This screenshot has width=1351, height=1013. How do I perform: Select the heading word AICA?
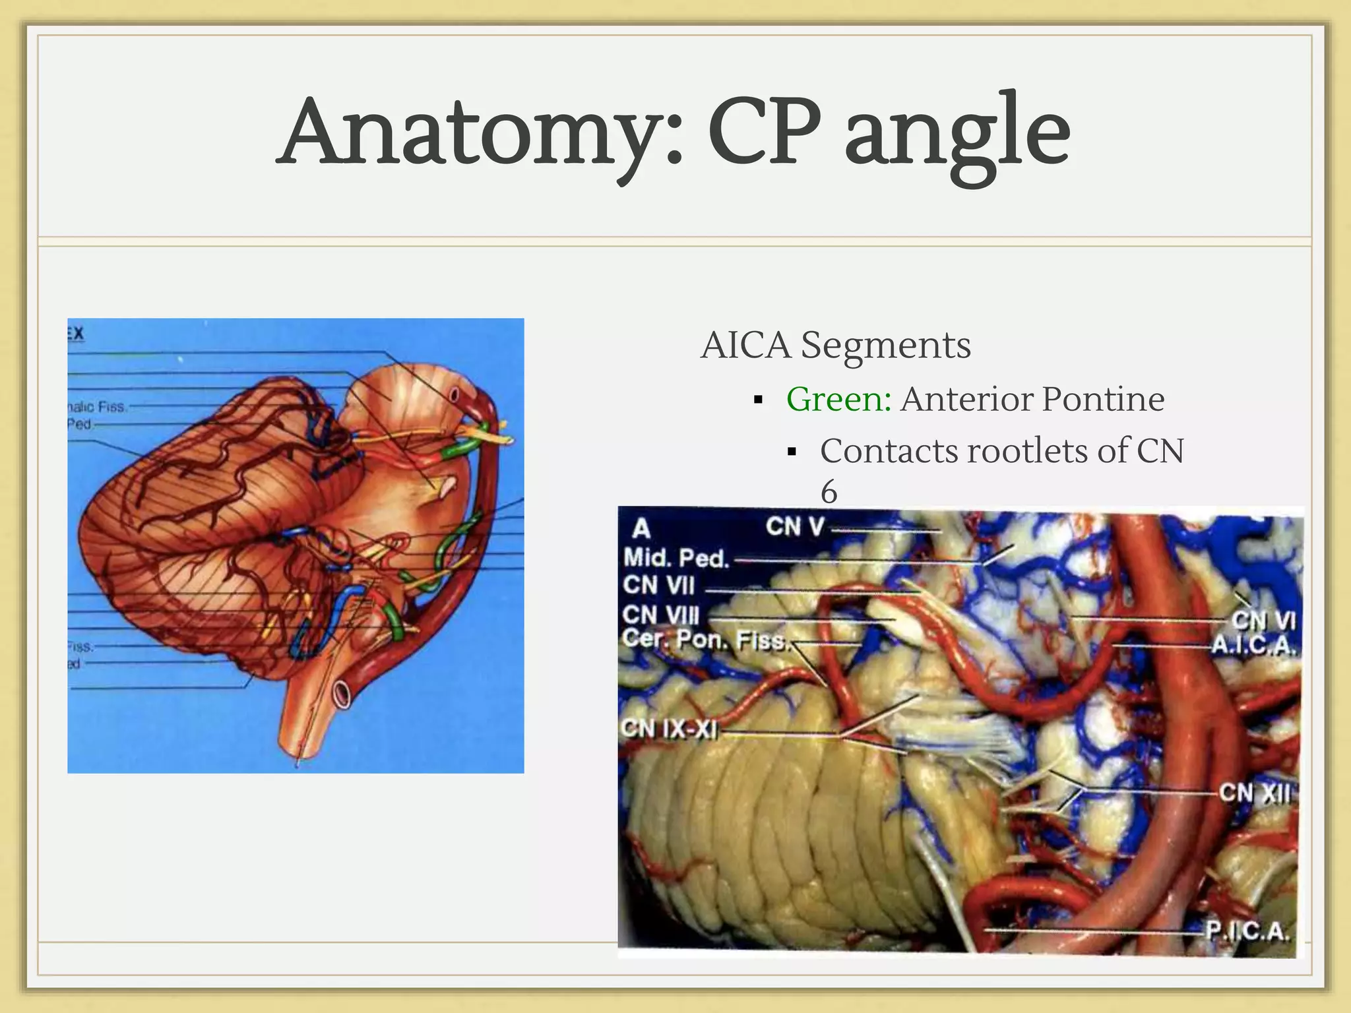tap(745, 345)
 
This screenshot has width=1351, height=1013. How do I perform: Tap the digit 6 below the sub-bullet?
tap(829, 491)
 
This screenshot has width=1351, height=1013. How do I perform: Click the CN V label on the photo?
tap(795, 527)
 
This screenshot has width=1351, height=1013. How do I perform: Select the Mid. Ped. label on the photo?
tap(676, 559)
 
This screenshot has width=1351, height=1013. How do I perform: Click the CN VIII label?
tap(660, 615)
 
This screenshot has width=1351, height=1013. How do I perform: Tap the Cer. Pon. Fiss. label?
tap(705, 640)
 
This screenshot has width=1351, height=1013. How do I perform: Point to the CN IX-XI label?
tap(669, 729)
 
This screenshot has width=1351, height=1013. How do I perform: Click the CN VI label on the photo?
tap(1263, 621)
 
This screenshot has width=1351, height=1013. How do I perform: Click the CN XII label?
tap(1253, 792)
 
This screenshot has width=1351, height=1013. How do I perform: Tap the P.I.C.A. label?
tap(1247, 931)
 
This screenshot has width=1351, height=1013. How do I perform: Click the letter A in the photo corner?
tap(641, 528)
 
